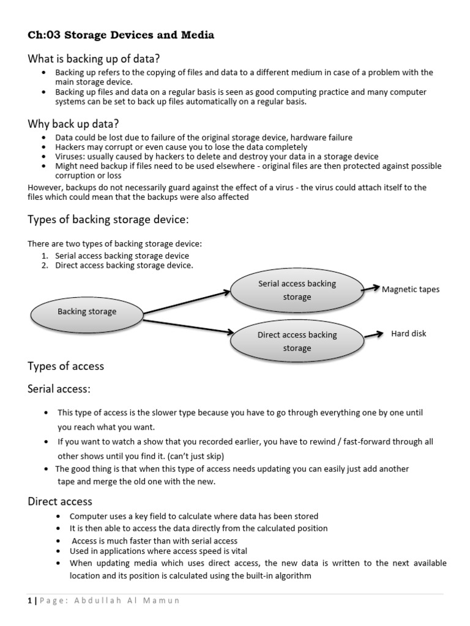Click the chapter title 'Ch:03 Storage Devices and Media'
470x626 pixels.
pyautogui.click(x=121, y=35)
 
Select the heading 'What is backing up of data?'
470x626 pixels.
pyautogui.click(x=94, y=59)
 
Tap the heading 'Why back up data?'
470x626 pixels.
pyautogui.click(x=73, y=124)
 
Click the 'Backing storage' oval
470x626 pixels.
pyautogui.click(x=87, y=312)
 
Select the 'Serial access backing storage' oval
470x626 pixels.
pyautogui.click(x=297, y=290)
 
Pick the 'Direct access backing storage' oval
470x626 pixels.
pyautogui.click(x=297, y=341)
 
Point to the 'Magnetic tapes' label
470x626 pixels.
pyautogui.click(x=411, y=289)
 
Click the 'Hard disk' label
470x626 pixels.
pyautogui.click(x=409, y=334)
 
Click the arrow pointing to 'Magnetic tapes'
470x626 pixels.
pyautogui.click(x=371, y=287)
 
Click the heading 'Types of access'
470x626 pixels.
pyautogui.click(x=66, y=366)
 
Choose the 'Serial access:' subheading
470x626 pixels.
pyautogui.click(x=59, y=389)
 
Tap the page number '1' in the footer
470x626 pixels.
pyautogui.click(x=29, y=601)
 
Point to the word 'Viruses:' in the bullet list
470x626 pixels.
pyautogui.click(x=70, y=157)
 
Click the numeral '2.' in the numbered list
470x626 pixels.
pyautogui.click(x=46, y=265)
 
